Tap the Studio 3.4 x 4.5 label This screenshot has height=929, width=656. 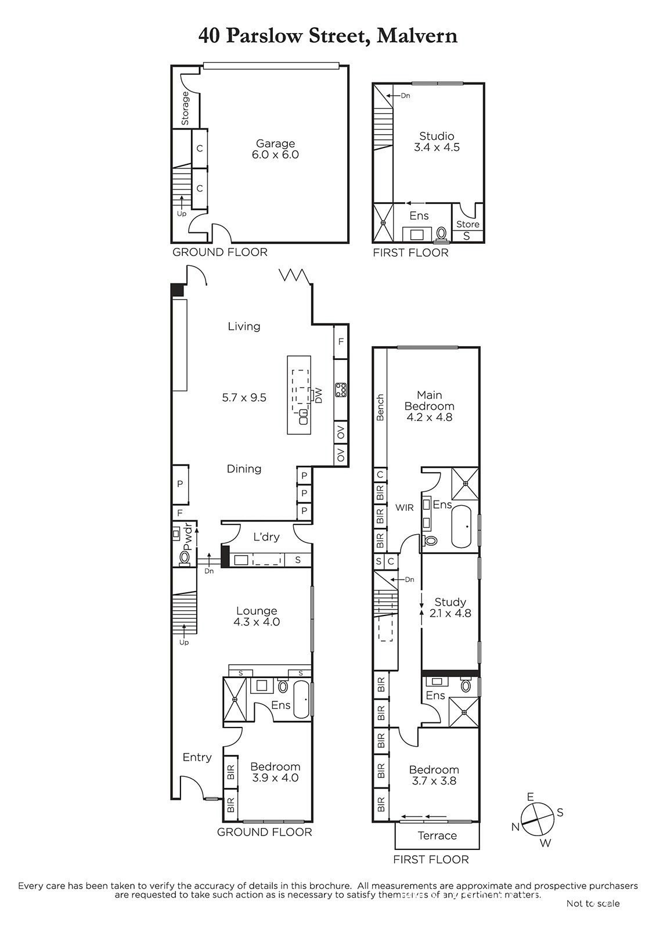pos(437,142)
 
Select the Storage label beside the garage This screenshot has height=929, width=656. pos(185,108)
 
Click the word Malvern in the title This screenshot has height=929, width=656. pos(417,36)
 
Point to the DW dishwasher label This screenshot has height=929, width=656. pos(319,395)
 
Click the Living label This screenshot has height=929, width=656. pos(244,326)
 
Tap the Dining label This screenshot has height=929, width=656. pos(244,469)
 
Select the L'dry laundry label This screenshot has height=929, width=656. pos(266,536)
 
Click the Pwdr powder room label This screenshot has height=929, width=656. pos(188,538)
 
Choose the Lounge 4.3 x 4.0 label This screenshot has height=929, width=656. pos(257,616)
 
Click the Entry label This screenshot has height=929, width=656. pos(197,757)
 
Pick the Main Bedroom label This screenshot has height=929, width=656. pos(429,406)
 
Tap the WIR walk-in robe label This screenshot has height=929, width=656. pos(404,507)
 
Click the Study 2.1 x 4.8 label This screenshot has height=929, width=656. pos(450,607)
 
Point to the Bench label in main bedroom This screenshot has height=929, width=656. pos(380,407)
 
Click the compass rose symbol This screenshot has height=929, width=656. pos(538,819)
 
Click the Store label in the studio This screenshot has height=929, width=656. pos(468,224)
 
